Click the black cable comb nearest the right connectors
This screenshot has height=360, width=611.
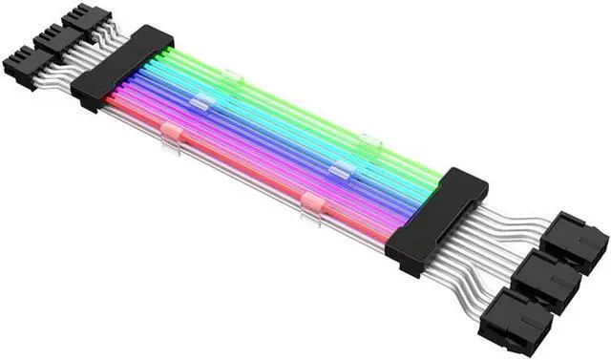(x=437, y=219)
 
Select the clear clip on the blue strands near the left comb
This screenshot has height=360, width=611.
(x=200, y=102)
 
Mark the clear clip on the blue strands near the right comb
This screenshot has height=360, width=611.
(x=341, y=171)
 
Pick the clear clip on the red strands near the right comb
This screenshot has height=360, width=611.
(x=311, y=202)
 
